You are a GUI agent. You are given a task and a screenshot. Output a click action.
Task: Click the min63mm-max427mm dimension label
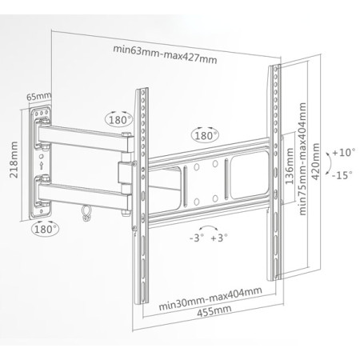165,54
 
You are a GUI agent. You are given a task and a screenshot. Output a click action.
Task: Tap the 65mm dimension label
38,96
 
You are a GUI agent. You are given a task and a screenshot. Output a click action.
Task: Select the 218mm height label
14,160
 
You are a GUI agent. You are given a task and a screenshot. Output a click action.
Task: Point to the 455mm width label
214,311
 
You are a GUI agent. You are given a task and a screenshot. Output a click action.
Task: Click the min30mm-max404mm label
210,298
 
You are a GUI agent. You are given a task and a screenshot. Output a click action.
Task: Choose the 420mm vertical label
315,162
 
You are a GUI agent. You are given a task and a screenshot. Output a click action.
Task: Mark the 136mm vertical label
290,166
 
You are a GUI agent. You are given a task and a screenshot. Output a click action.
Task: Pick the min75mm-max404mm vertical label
302,159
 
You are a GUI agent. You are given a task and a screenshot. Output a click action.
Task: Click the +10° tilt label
344,153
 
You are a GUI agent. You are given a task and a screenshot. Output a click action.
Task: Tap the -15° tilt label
342,175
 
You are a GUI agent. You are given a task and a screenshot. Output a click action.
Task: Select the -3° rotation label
197,238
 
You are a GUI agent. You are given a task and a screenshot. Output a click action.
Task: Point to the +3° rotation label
219,238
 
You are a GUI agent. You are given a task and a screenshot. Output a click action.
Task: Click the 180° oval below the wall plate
46,229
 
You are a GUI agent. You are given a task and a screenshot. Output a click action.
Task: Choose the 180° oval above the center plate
205,135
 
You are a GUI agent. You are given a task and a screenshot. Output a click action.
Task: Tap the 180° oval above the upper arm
120,119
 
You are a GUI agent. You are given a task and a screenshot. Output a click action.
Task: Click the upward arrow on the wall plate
41,166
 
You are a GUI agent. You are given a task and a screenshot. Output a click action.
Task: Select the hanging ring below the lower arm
86,214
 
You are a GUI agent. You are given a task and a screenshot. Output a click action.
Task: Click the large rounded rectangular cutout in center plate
250,174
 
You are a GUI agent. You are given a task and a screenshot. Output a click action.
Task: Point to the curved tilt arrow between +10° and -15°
330,163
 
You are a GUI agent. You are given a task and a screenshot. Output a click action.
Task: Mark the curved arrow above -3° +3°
208,226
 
